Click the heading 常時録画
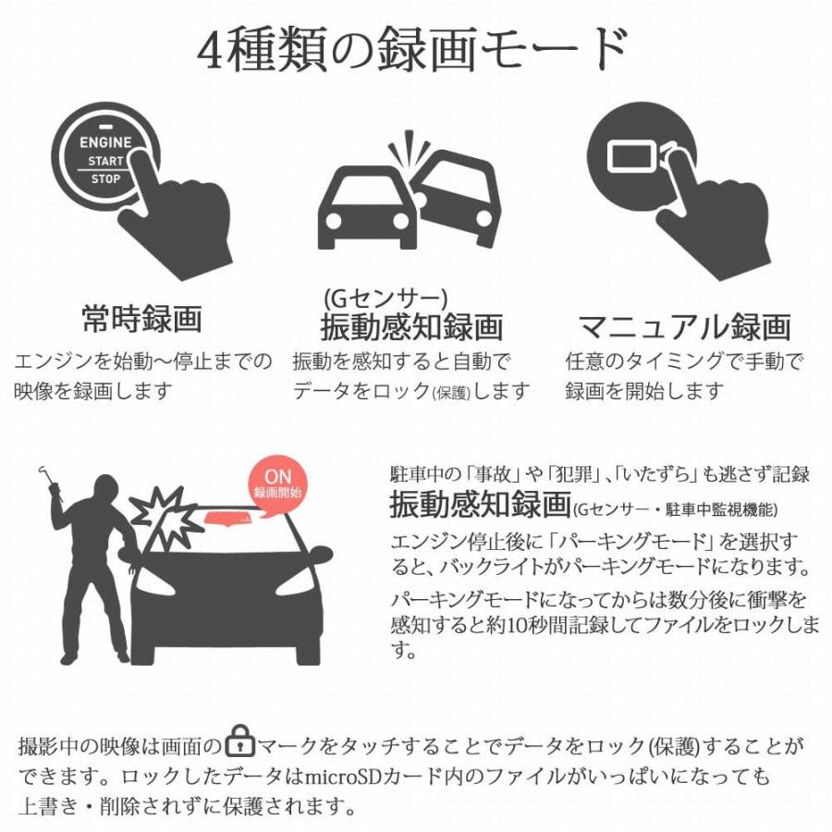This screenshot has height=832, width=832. point(142,320)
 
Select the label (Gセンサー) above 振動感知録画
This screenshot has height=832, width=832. point(385,298)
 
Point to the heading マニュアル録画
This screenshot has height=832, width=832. point(684,325)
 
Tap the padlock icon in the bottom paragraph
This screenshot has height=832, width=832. point(240,744)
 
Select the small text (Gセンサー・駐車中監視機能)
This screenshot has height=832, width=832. point(675,509)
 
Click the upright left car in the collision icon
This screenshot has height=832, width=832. point(365,208)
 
